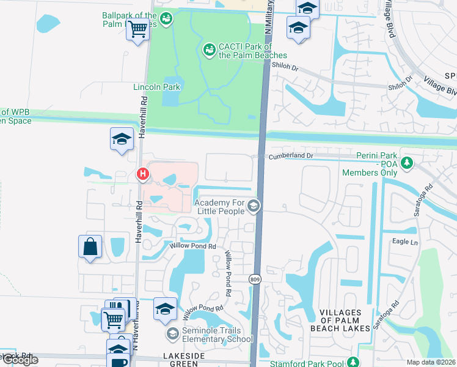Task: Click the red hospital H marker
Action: coord(143,175)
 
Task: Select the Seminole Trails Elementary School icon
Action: coord(173,333)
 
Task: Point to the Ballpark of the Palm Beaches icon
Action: coord(166,20)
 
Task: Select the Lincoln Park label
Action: coord(157,87)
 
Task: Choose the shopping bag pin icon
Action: coord(90,247)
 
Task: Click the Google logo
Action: coord(20,360)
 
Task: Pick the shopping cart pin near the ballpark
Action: coord(139,28)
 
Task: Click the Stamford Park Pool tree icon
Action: coord(352,362)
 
